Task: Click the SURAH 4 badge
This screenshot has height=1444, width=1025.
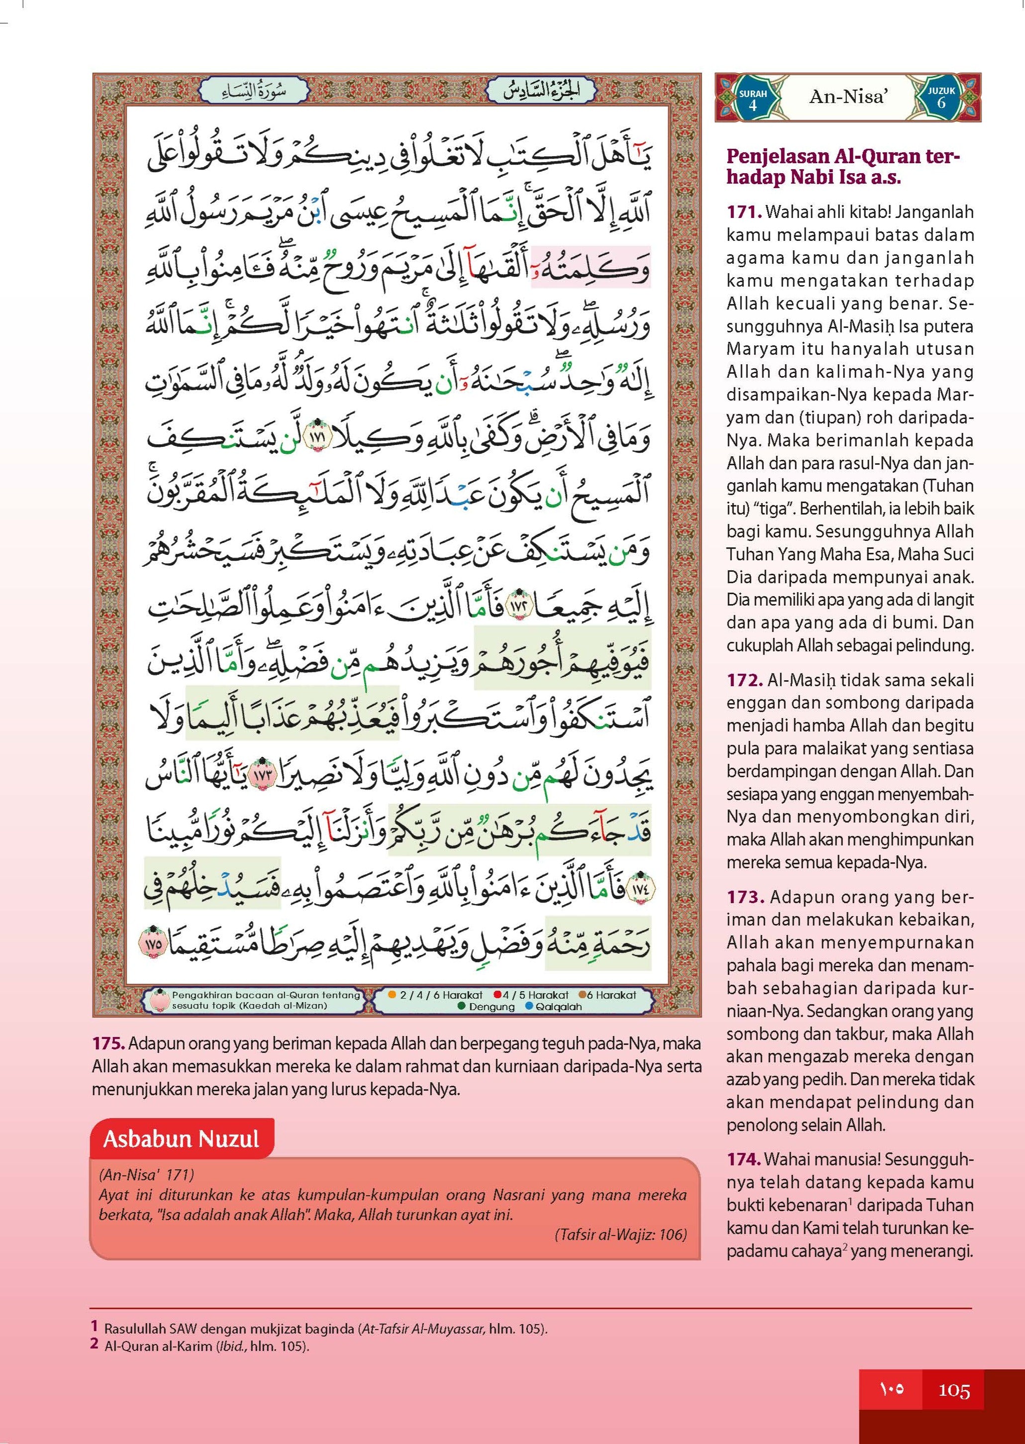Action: [x=752, y=99]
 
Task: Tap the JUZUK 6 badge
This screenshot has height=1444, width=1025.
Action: [x=941, y=98]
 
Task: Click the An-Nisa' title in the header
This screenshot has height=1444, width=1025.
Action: [x=848, y=97]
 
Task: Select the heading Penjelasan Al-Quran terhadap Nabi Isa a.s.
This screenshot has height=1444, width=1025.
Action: [x=842, y=167]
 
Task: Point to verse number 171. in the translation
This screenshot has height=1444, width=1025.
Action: [x=744, y=212]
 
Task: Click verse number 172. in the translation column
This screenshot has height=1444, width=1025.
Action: [x=745, y=680]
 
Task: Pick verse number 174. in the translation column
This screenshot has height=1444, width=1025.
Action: [x=743, y=1159]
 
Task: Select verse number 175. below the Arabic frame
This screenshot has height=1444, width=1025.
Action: [x=108, y=1043]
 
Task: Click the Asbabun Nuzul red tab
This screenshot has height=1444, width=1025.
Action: [x=182, y=1138]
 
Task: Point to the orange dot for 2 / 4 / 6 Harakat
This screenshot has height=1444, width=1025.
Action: [x=392, y=995]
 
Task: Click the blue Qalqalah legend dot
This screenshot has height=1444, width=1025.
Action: [x=529, y=1006]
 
